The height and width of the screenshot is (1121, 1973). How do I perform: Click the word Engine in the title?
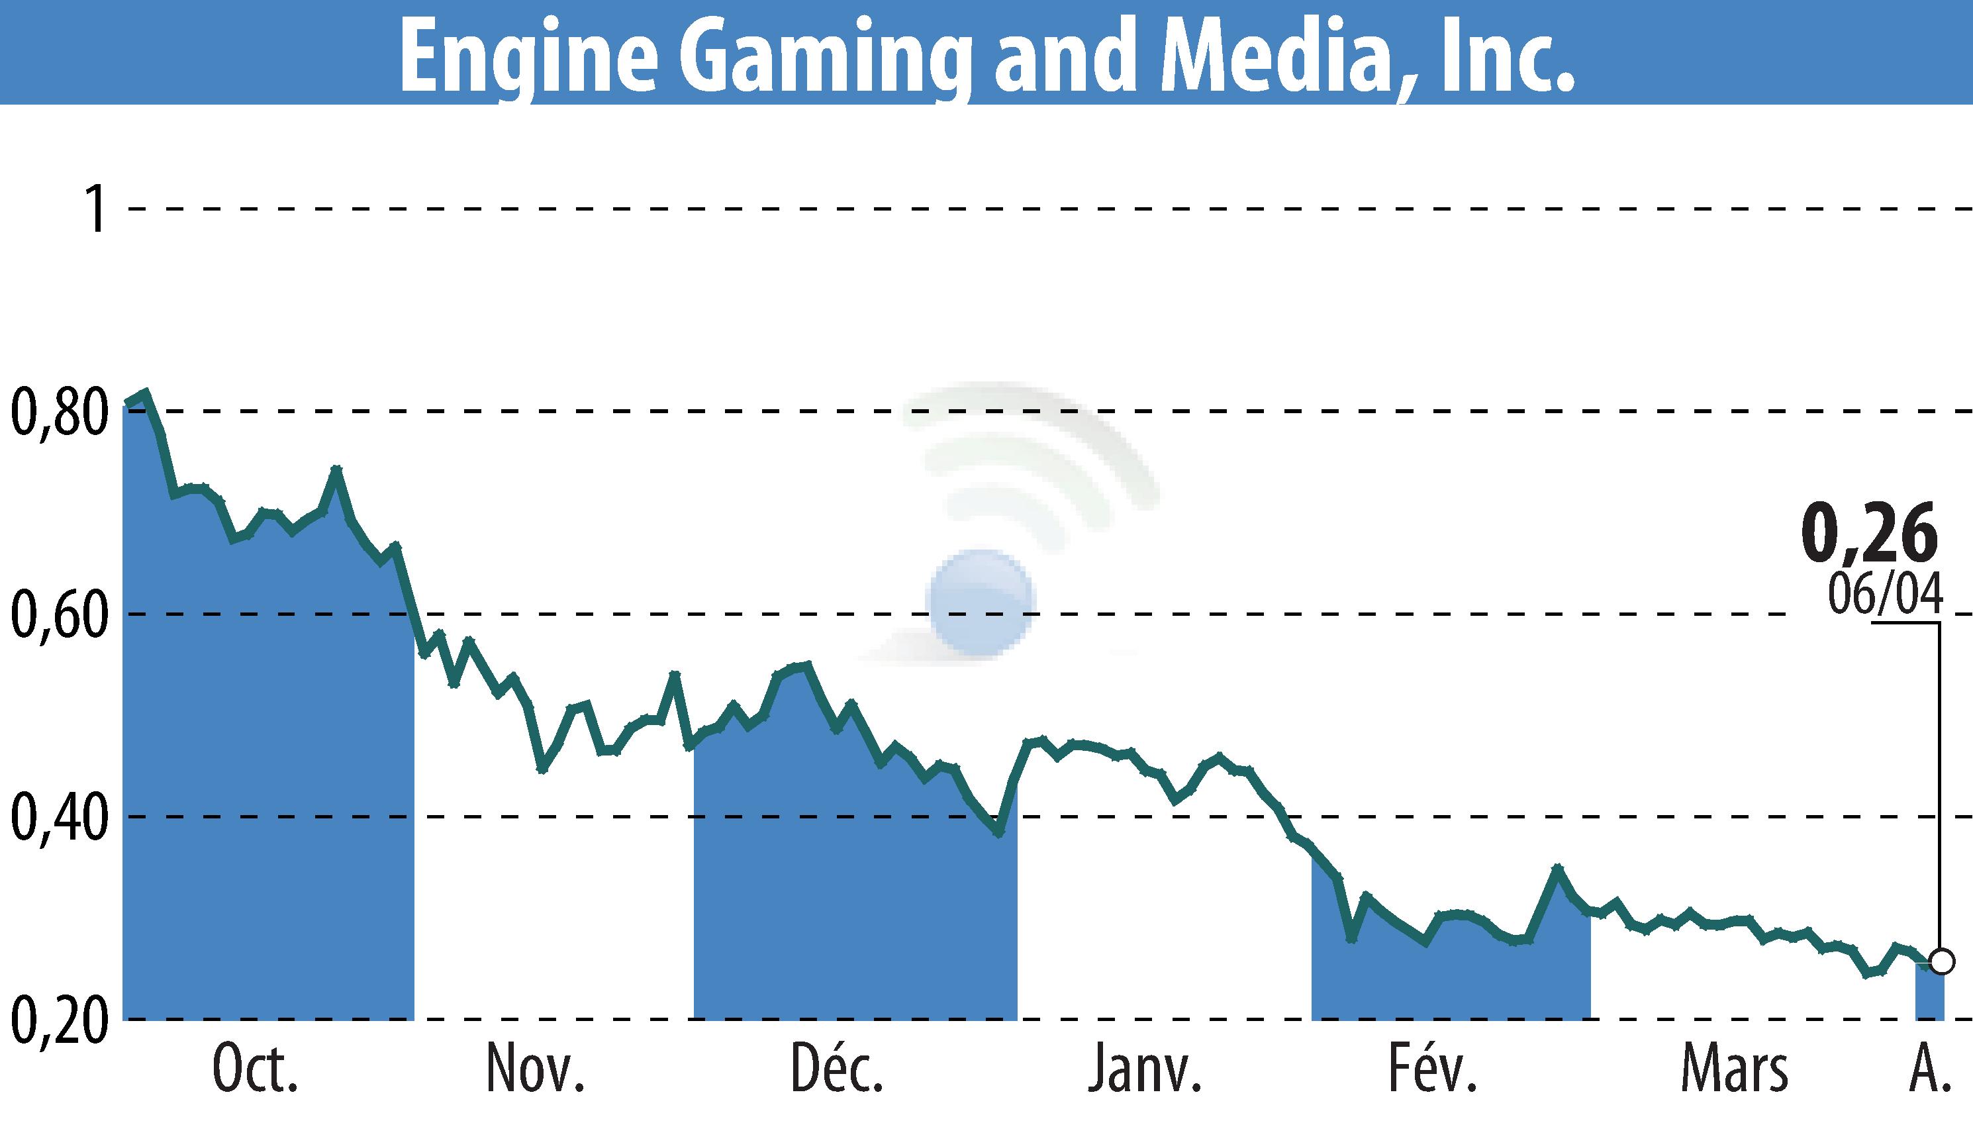click(x=527, y=56)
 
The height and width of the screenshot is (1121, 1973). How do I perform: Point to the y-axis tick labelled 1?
click(x=96, y=209)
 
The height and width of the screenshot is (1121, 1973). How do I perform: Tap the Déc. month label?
click(x=837, y=1069)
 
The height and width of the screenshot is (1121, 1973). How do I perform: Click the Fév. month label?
click(x=1433, y=1069)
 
